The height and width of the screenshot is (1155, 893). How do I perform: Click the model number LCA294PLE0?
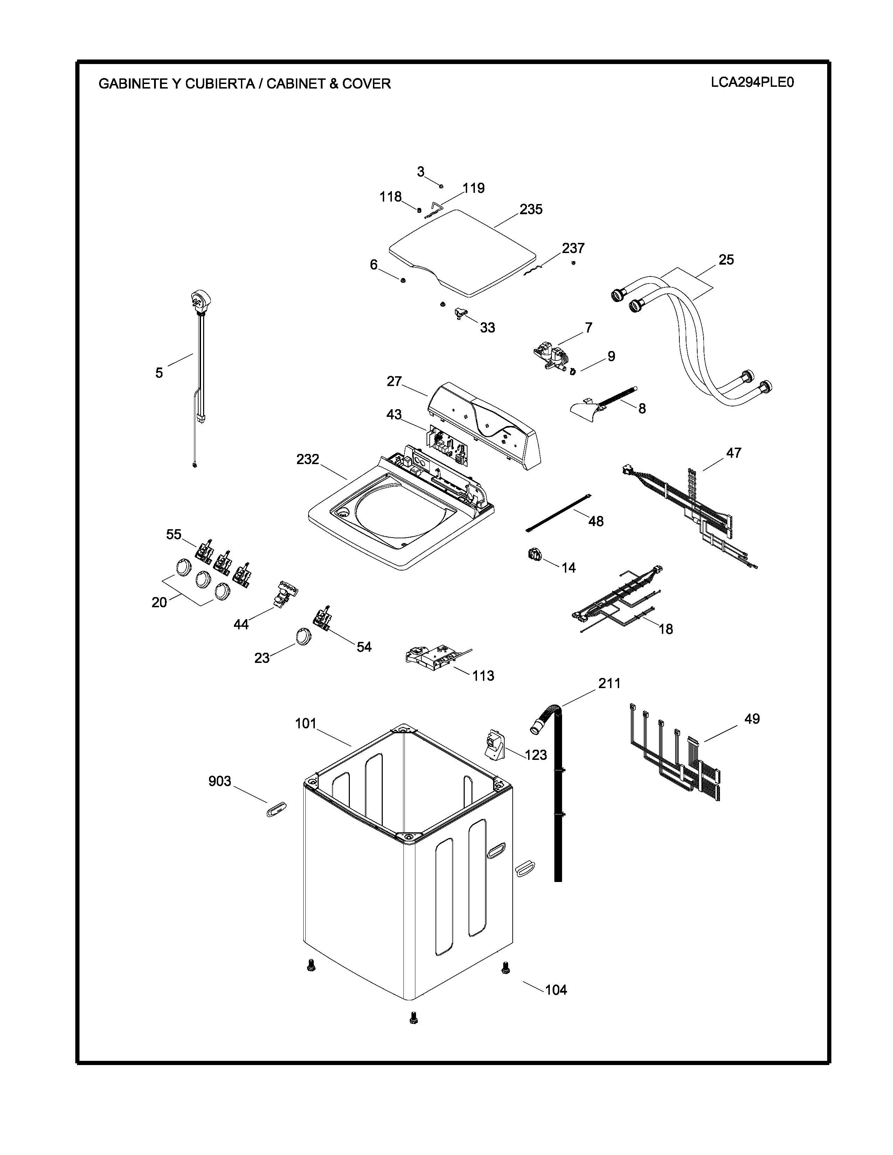pyautogui.click(x=752, y=83)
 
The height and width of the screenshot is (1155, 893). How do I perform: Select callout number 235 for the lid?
pyautogui.click(x=531, y=209)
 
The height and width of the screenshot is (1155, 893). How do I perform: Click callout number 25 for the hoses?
pyautogui.click(x=726, y=260)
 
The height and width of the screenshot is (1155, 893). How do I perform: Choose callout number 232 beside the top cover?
pyautogui.click(x=307, y=459)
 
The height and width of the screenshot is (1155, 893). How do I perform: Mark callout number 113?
pyautogui.click(x=483, y=675)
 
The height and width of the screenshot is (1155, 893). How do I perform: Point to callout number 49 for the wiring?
pyautogui.click(x=752, y=719)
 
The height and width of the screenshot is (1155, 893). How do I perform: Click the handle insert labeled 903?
pyautogui.click(x=276, y=808)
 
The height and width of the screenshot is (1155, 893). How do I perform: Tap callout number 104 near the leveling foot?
pyautogui.click(x=556, y=989)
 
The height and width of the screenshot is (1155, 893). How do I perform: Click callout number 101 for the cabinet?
pyautogui.click(x=306, y=723)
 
